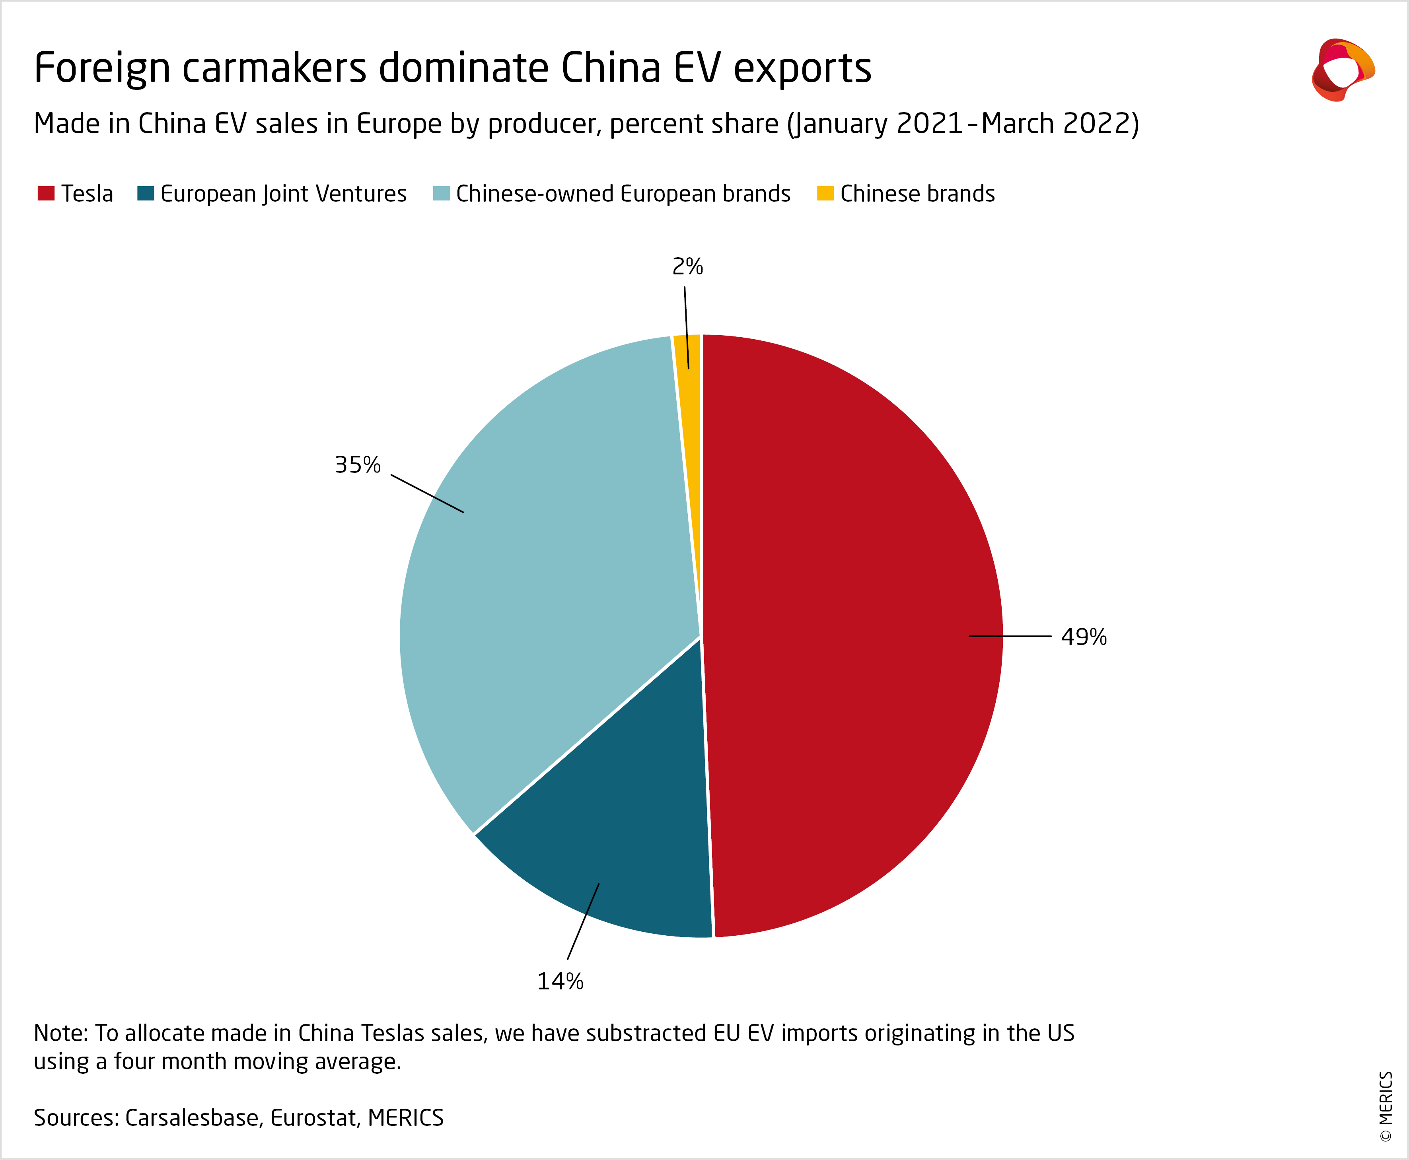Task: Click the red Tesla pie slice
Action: (849, 601)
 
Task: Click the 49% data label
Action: (1084, 637)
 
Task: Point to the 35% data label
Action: (358, 464)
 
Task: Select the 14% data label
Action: (560, 981)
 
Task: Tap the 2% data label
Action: (687, 266)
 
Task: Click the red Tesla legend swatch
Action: (45, 193)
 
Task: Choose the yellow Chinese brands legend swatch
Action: (825, 193)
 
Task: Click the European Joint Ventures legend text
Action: (283, 194)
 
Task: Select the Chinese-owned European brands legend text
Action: (623, 194)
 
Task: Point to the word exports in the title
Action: (802, 68)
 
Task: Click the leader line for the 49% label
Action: (1009, 637)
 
